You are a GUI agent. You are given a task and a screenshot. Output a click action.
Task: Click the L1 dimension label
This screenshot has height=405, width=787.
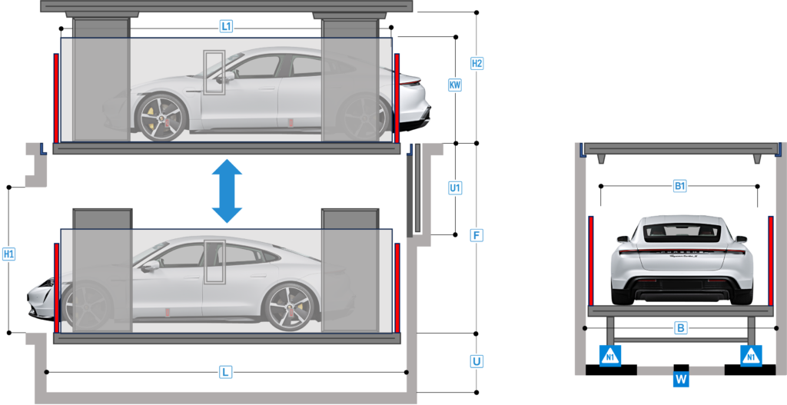227,27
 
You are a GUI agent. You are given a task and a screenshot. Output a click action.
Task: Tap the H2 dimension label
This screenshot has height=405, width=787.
477,64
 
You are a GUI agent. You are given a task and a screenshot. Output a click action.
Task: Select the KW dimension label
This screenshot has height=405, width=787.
455,85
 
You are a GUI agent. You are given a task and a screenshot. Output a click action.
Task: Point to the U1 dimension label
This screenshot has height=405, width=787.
455,189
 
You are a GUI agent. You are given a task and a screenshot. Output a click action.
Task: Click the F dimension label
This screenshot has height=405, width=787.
477,235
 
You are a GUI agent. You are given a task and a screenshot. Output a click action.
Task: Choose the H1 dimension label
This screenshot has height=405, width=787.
9,254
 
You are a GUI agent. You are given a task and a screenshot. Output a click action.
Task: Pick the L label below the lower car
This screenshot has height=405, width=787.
226,373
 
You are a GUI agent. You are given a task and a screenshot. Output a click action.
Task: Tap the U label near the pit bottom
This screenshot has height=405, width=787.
477,361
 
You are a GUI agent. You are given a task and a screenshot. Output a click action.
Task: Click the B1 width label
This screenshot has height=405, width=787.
679,186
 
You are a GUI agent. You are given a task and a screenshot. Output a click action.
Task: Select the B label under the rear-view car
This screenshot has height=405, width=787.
681,328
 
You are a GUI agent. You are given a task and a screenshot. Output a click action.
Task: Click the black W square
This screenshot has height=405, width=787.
681,379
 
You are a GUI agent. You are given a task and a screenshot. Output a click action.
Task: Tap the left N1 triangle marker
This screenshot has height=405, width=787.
610,356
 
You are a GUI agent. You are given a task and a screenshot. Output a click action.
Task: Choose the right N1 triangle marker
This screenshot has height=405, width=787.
751,356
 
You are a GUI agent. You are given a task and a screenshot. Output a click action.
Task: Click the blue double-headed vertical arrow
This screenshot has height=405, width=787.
227,191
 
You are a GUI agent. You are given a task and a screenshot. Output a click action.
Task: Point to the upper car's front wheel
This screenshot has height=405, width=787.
161,118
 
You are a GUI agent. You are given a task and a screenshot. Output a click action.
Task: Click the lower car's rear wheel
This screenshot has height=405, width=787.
289,307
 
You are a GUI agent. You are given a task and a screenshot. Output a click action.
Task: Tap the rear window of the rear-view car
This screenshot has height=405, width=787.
682,231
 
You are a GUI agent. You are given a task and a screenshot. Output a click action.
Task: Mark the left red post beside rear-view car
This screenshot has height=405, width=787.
591,261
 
